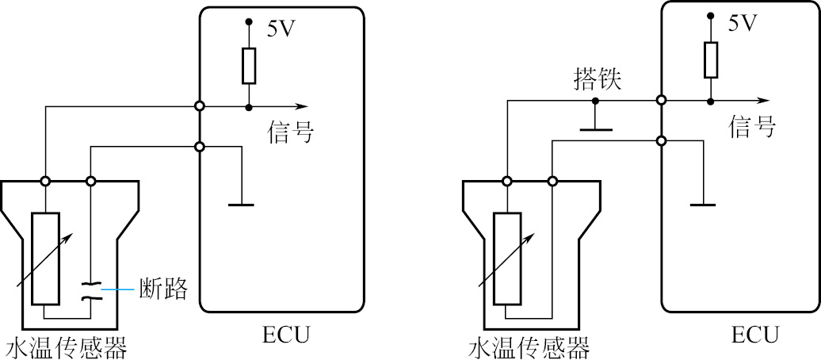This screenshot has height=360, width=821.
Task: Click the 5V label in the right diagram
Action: (742, 24)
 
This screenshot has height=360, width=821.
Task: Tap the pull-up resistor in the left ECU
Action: (249, 66)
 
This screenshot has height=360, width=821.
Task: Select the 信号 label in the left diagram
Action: (290, 132)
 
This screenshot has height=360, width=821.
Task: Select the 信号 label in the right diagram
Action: (751, 126)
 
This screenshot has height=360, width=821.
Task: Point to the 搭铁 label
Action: (599, 79)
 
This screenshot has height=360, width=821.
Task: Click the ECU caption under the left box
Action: (284, 336)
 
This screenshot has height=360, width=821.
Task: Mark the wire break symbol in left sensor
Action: (91, 290)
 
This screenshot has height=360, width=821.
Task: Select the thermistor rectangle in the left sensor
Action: (45, 259)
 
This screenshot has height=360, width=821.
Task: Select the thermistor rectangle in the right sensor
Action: (506, 259)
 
